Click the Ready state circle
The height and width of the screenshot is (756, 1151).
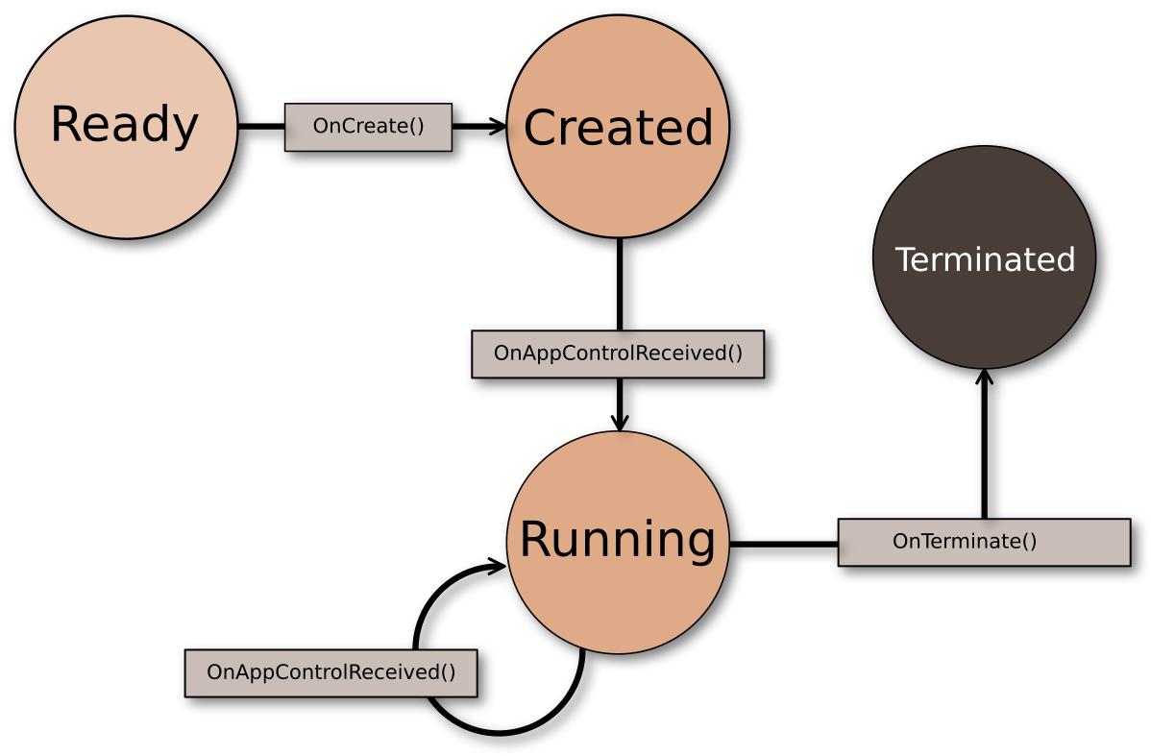pos(126,173)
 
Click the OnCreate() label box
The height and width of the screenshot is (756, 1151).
pos(368,127)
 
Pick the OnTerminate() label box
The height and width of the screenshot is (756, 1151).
pos(984,542)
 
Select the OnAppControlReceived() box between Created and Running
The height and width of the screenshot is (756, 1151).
pos(618,354)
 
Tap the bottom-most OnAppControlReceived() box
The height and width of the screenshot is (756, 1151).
pos(331,672)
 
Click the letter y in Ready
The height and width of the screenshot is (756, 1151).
pos(186,129)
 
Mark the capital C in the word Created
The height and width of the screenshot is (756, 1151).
pos(541,128)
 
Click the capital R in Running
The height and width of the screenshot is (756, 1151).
pos(534,540)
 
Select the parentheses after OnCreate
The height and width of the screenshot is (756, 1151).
pos(417,127)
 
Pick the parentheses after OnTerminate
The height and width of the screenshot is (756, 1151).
pos(1030,542)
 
